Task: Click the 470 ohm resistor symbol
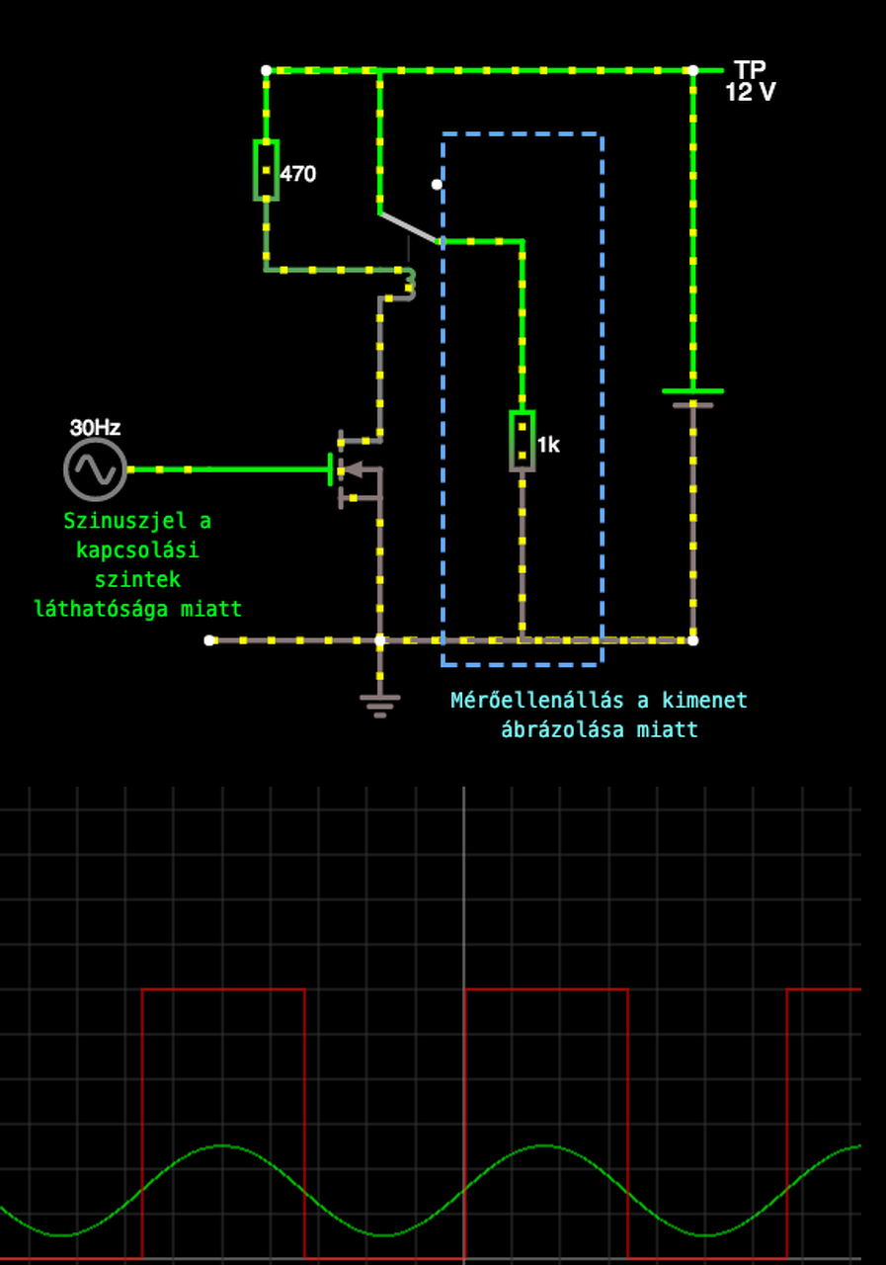click(x=266, y=170)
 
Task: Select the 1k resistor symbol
click(x=523, y=441)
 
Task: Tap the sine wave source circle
click(x=95, y=469)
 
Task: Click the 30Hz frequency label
click(x=95, y=428)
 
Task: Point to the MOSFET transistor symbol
click(x=357, y=469)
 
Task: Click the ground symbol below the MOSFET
click(x=380, y=703)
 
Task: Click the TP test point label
click(x=751, y=70)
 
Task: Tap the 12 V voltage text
click(x=751, y=93)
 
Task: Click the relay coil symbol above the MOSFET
click(x=408, y=283)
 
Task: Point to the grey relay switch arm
click(x=408, y=227)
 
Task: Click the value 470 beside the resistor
click(x=298, y=174)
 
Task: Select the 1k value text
click(x=549, y=445)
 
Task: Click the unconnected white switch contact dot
click(x=437, y=184)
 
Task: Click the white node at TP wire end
click(x=692, y=70)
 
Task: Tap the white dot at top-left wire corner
click(x=266, y=70)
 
